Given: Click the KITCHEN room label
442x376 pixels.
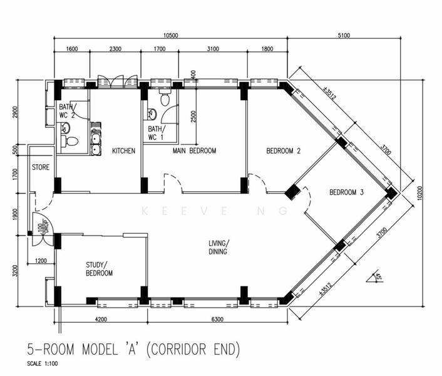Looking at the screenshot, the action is coord(124,151).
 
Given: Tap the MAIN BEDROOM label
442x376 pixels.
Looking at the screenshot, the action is coord(194,150).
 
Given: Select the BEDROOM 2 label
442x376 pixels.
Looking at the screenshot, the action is coord(284,151).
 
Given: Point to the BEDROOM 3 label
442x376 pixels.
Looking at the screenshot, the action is coord(346,192).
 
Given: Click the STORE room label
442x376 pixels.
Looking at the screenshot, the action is coord(41,167).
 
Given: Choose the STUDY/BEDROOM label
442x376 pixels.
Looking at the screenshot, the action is coord(99,269).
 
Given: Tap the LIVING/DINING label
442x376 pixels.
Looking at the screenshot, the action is coord(218,248).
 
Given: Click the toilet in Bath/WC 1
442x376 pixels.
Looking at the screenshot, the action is coord(165,98).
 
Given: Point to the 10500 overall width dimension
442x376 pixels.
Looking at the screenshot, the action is coord(171,35).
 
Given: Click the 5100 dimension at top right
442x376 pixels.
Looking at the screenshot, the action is coord(344,35).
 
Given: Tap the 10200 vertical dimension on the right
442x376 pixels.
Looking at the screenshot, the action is coord(420,193).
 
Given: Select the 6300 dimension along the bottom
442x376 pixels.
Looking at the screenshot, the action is coord(217,320).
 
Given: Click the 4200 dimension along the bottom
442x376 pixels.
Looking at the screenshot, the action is coord(101,320).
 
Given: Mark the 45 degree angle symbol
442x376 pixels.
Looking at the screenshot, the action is coord(374,277).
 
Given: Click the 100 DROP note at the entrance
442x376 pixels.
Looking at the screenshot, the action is coord(44,226).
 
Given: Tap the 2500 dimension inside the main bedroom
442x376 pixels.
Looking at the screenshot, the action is coord(193,117).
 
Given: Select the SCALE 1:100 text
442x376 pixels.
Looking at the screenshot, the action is coord(43,363).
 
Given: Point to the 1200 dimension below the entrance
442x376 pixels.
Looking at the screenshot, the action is coord(41,261).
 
